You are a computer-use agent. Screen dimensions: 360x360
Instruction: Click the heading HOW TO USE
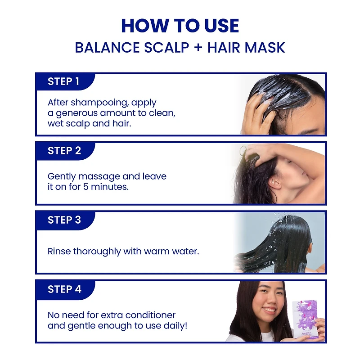(x=180, y=26)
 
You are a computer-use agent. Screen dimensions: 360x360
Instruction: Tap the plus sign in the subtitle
(x=198, y=48)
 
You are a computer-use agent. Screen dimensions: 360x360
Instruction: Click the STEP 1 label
(x=63, y=81)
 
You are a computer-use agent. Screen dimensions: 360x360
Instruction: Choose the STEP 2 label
(x=64, y=151)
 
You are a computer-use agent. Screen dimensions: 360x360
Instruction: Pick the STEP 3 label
(x=64, y=220)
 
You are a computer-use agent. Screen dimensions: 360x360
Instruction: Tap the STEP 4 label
(x=64, y=289)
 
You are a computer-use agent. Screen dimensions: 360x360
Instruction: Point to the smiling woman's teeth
(x=270, y=310)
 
